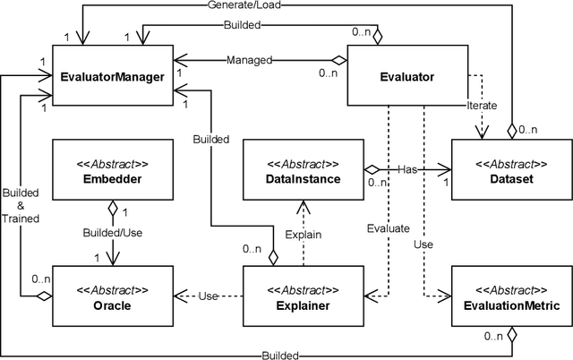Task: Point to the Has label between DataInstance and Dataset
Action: pyautogui.click(x=407, y=168)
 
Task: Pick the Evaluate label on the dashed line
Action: pyautogui.click(x=388, y=228)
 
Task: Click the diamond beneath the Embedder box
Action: pyautogui.click(x=111, y=208)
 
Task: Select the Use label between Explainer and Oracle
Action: pyautogui.click(x=210, y=296)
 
